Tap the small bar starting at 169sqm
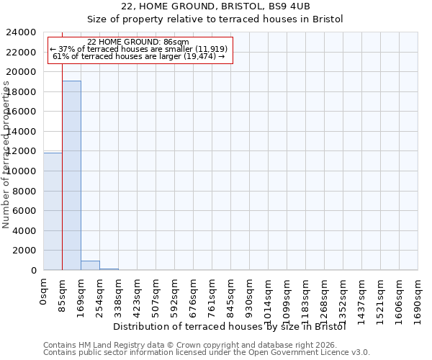click(90, 265)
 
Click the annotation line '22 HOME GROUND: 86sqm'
click(138, 42)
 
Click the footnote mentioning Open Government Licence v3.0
click(207, 353)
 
